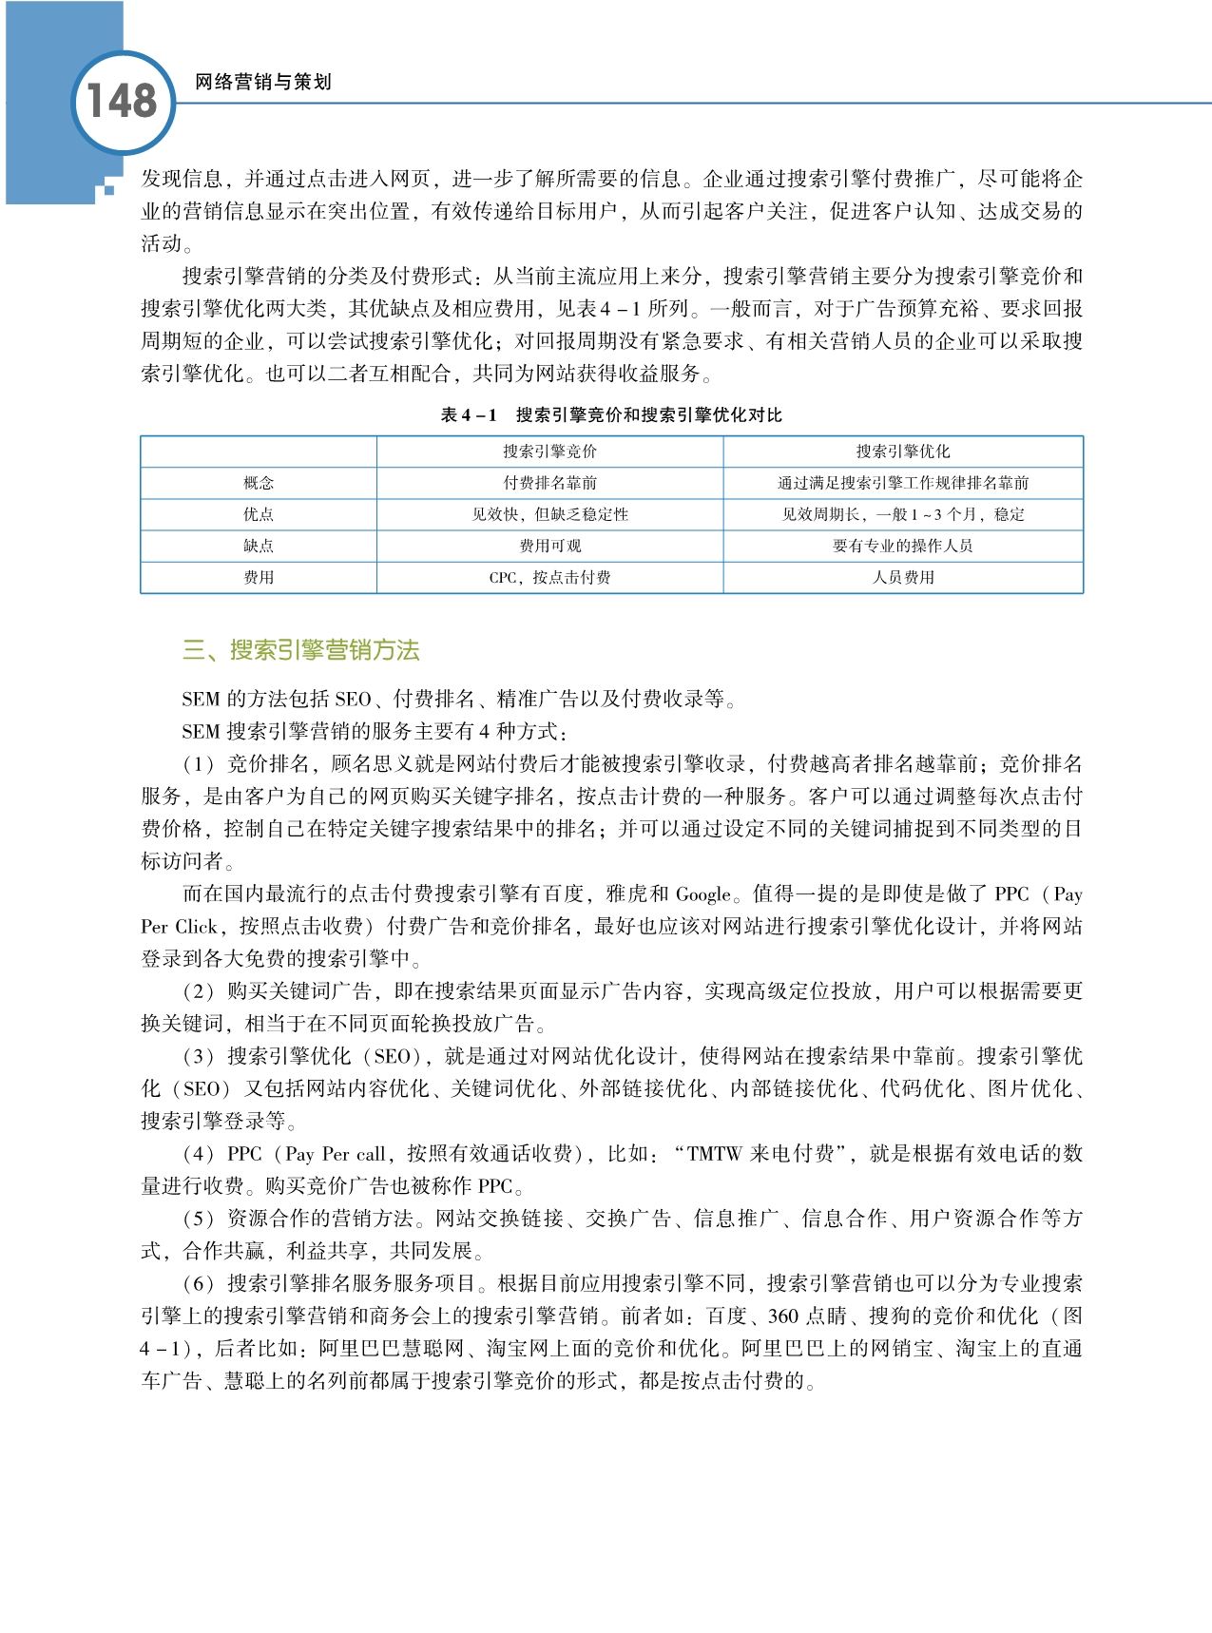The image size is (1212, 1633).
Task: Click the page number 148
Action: click(122, 101)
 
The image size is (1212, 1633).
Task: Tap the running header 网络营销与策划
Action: click(262, 83)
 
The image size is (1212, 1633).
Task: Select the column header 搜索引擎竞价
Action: click(549, 451)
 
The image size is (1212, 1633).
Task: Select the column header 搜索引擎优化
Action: click(903, 451)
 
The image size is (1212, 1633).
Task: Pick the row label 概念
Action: click(259, 483)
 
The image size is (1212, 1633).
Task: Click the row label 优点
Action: click(259, 514)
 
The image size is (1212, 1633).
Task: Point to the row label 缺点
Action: click(259, 546)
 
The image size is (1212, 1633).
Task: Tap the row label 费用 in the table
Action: click(259, 577)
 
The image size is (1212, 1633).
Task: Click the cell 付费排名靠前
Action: click(549, 483)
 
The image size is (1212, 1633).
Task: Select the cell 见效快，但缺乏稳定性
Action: click(549, 514)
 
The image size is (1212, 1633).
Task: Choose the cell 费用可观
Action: click(549, 546)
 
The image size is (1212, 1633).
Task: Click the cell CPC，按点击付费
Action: click(549, 577)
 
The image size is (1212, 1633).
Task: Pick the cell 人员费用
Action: click(903, 577)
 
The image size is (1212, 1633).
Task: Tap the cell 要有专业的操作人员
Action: click(903, 546)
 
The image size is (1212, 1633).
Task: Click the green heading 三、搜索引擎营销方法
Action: click(300, 650)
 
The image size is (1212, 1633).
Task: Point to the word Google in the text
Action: click(703, 894)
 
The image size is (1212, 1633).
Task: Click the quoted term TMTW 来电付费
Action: click(760, 1154)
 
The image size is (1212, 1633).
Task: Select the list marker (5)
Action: click(199, 1219)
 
